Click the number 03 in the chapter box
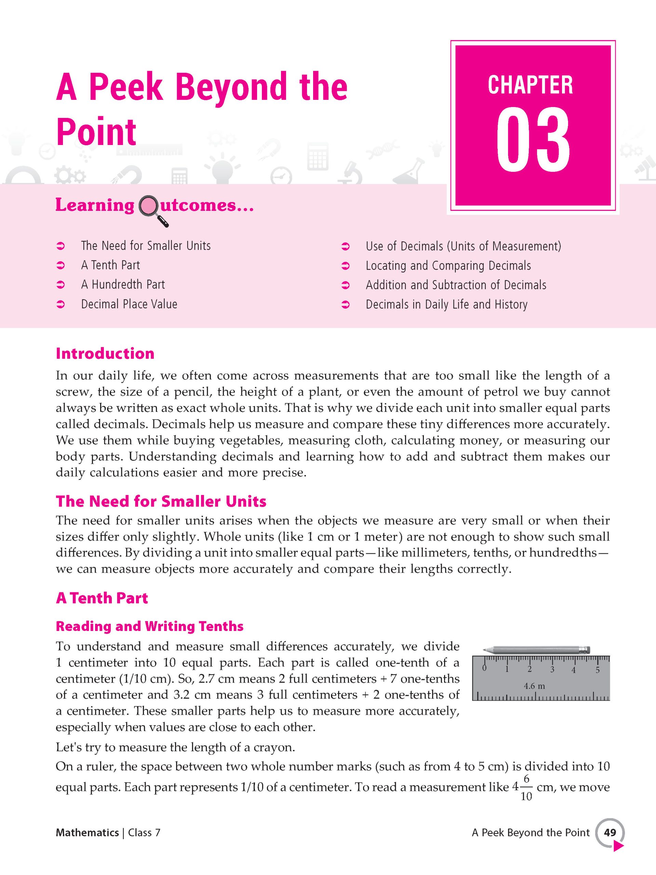tap(533, 142)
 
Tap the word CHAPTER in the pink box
tap(530, 85)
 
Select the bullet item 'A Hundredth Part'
tap(123, 284)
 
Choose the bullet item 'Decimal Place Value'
tap(129, 304)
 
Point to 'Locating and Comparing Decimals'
tap(448, 266)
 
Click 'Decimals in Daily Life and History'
tap(446, 304)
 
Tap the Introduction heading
tap(105, 353)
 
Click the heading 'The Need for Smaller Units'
tap(161, 501)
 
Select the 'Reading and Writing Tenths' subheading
tap(150, 626)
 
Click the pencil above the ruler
tap(536, 650)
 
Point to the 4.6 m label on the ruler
tap(534, 686)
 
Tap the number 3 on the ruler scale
tap(552, 670)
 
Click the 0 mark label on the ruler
tap(484, 669)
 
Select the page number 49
tap(610, 833)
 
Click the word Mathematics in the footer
tap(87, 833)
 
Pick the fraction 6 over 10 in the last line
tap(526, 787)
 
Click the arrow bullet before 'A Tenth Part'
tap(61, 266)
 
